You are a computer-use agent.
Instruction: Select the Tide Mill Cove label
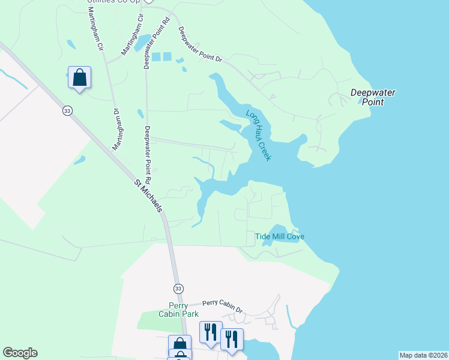coord(280,236)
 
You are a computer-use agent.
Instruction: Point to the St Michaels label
coord(148,196)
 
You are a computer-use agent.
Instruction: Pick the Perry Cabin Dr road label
coord(222,306)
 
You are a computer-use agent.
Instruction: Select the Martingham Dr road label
coord(116,129)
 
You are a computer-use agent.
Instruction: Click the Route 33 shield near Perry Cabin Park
coord(178,289)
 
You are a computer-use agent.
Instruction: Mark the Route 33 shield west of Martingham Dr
coord(67,110)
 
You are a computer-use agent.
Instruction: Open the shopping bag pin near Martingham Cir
coord(79,77)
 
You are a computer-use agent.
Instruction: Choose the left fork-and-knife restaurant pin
coord(211,332)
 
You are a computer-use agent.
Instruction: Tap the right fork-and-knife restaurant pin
coord(231,338)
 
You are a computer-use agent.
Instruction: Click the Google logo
coord(20,353)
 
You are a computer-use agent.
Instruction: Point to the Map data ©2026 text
coord(423,355)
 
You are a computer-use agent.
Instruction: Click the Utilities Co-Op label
coord(113,2)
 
